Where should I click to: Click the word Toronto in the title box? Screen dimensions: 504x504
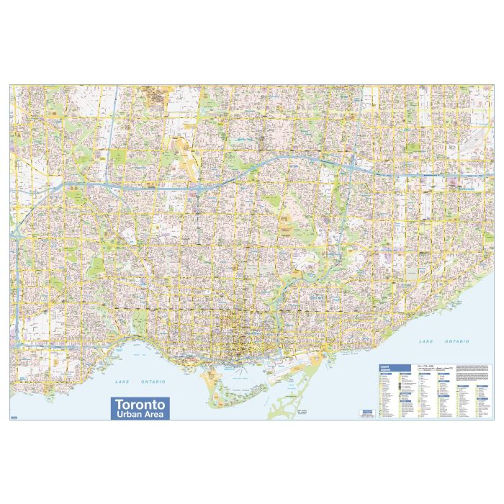(x=138, y=404)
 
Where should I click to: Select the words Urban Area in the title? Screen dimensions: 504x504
(x=138, y=415)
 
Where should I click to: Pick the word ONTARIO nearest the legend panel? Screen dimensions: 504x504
(x=455, y=340)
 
